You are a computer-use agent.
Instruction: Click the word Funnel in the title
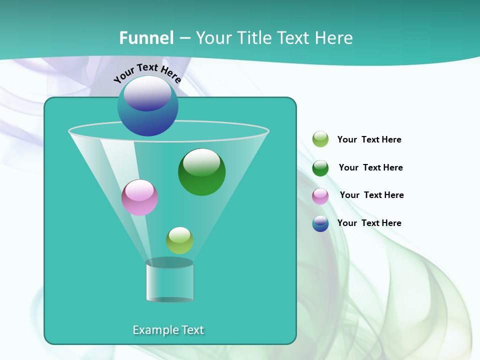(146, 38)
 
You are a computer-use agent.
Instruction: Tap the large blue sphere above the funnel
(147, 106)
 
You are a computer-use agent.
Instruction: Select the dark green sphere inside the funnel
(201, 172)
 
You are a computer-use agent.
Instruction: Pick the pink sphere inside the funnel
(139, 198)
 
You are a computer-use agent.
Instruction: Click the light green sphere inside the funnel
(179, 240)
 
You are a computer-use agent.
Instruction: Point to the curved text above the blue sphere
(147, 72)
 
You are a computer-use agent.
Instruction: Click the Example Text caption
(168, 330)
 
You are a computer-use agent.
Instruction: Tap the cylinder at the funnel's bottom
(169, 281)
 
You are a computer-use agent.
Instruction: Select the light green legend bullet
(320, 139)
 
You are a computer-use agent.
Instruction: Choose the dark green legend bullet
(320, 168)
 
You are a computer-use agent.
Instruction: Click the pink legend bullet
(320, 196)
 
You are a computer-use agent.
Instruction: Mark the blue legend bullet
(320, 223)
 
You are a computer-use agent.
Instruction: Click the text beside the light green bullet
(369, 140)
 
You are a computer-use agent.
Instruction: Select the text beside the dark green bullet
(370, 168)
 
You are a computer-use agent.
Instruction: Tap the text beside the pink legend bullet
(371, 195)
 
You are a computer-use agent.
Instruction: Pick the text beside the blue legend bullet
(369, 223)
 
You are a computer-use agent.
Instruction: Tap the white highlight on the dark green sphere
(201, 162)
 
